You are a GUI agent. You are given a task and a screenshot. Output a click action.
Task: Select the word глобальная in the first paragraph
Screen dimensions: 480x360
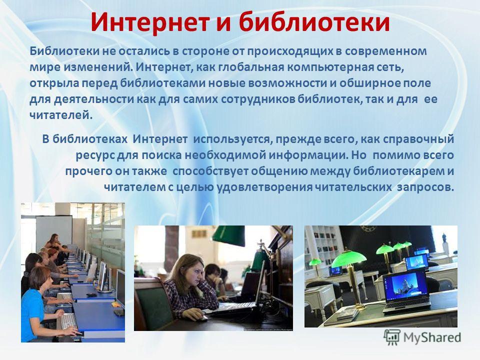[x=251, y=66]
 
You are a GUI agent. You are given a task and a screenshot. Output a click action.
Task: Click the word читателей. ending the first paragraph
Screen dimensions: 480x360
[x=61, y=115]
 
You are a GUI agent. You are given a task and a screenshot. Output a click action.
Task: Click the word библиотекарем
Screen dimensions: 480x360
[x=399, y=171]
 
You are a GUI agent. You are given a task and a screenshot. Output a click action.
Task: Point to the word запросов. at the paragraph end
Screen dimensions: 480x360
[x=425, y=187]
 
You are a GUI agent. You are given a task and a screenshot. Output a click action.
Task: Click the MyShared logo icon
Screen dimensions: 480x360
[x=392, y=337]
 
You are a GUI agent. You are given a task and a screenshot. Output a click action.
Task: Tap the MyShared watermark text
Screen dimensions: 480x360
[x=432, y=337]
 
